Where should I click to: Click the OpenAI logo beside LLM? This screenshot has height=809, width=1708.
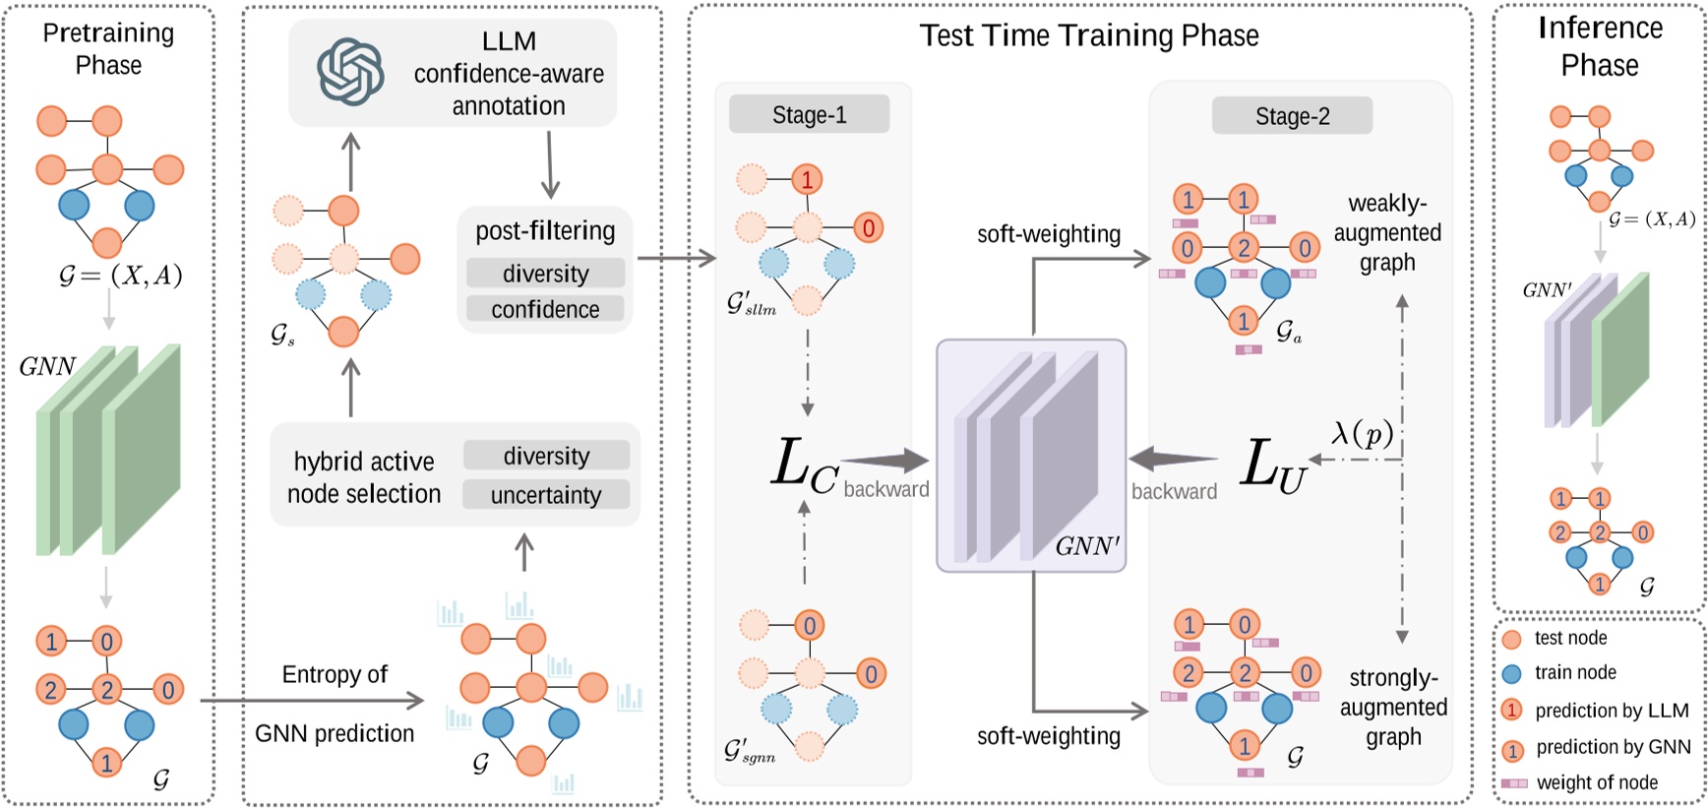coord(350,71)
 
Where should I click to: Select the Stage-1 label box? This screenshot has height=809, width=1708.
coord(809,115)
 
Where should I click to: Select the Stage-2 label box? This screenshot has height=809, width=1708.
coord(1292,116)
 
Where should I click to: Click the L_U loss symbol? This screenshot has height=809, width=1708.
coord(1273,465)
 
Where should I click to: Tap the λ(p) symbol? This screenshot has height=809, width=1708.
coord(1362,433)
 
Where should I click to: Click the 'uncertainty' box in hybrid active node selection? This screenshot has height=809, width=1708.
coord(546,495)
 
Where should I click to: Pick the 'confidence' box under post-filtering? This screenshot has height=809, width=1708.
coord(545,309)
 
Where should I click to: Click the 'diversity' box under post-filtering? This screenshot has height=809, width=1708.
coord(545,273)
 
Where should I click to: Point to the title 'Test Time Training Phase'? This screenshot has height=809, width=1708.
coord(1088,35)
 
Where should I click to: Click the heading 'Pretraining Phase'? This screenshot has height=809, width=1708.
coord(108,48)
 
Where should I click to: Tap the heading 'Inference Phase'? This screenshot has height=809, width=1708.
coord(1600,46)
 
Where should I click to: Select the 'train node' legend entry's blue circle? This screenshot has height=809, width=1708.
coord(1512,674)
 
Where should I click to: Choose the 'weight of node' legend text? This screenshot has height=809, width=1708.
coord(1597,782)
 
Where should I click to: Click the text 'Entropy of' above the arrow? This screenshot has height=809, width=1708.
coord(335,674)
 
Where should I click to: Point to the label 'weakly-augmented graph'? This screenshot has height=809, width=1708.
coord(1387,233)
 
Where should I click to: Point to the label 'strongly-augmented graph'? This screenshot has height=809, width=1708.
coord(1393,707)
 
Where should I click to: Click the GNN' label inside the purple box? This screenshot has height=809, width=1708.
coord(1086,546)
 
